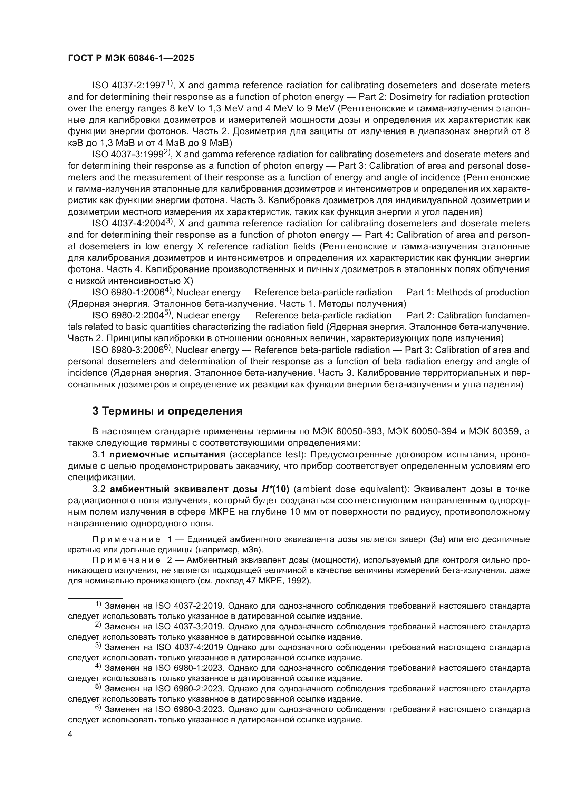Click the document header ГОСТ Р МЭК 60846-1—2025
(131, 58)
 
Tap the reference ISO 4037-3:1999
(128, 155)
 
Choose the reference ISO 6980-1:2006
(128, 293)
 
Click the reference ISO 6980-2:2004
(128, 316)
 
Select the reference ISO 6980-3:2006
(128, 350)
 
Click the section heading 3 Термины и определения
(167, 411)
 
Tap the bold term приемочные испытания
(167, 455)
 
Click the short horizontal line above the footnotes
(95, 598)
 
